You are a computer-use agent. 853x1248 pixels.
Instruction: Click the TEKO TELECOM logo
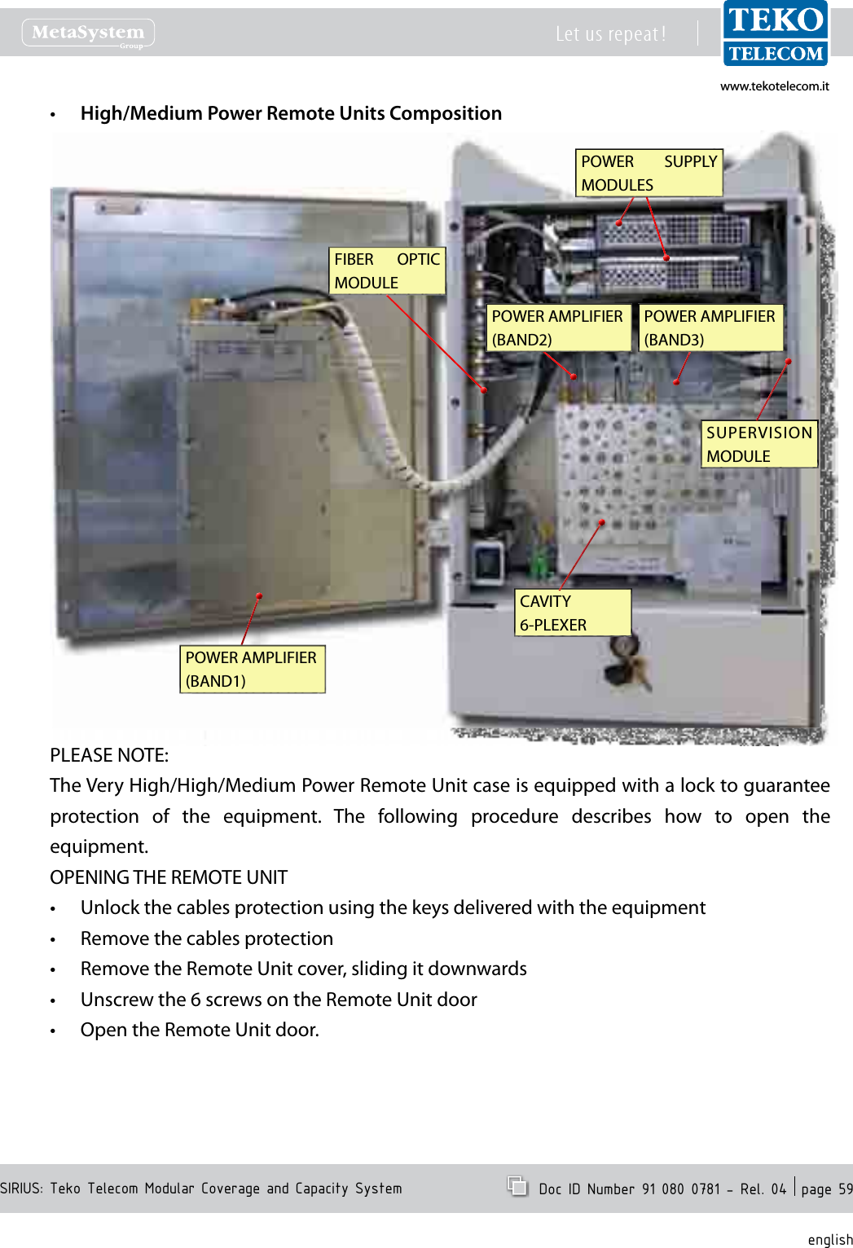[775, 34]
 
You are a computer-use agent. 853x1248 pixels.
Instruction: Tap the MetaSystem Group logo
[88, 33]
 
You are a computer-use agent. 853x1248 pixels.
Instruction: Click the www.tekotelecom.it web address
[774, 86]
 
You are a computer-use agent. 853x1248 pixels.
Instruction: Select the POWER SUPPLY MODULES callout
[649, 174]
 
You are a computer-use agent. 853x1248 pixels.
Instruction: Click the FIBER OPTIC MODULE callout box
[387, 271]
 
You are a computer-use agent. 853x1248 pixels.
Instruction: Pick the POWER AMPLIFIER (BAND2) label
[557, 328]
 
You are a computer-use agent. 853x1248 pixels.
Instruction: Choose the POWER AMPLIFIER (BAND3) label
[710, 328]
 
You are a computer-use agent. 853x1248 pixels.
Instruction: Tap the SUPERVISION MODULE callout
[758, 445]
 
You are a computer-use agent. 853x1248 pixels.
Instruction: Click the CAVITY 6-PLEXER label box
[573, 613]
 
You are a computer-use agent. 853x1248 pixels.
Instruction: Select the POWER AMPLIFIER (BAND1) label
[251, 670]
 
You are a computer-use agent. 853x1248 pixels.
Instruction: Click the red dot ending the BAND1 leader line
[259, 596]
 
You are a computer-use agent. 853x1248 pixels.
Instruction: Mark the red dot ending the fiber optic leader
[483, 390]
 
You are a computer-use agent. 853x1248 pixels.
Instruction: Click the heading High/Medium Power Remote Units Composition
[291, 113]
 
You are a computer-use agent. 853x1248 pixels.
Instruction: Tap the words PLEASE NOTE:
[109, 755]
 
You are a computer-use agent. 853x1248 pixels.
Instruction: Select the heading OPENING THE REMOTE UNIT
[169, 877]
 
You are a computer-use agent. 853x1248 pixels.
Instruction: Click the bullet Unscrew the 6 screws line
[279, 1000]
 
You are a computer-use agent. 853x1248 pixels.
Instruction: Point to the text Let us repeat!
[610, 34]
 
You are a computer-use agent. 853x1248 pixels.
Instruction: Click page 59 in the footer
[825, 1189]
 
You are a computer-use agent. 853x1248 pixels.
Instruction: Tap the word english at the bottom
[829, 1239]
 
